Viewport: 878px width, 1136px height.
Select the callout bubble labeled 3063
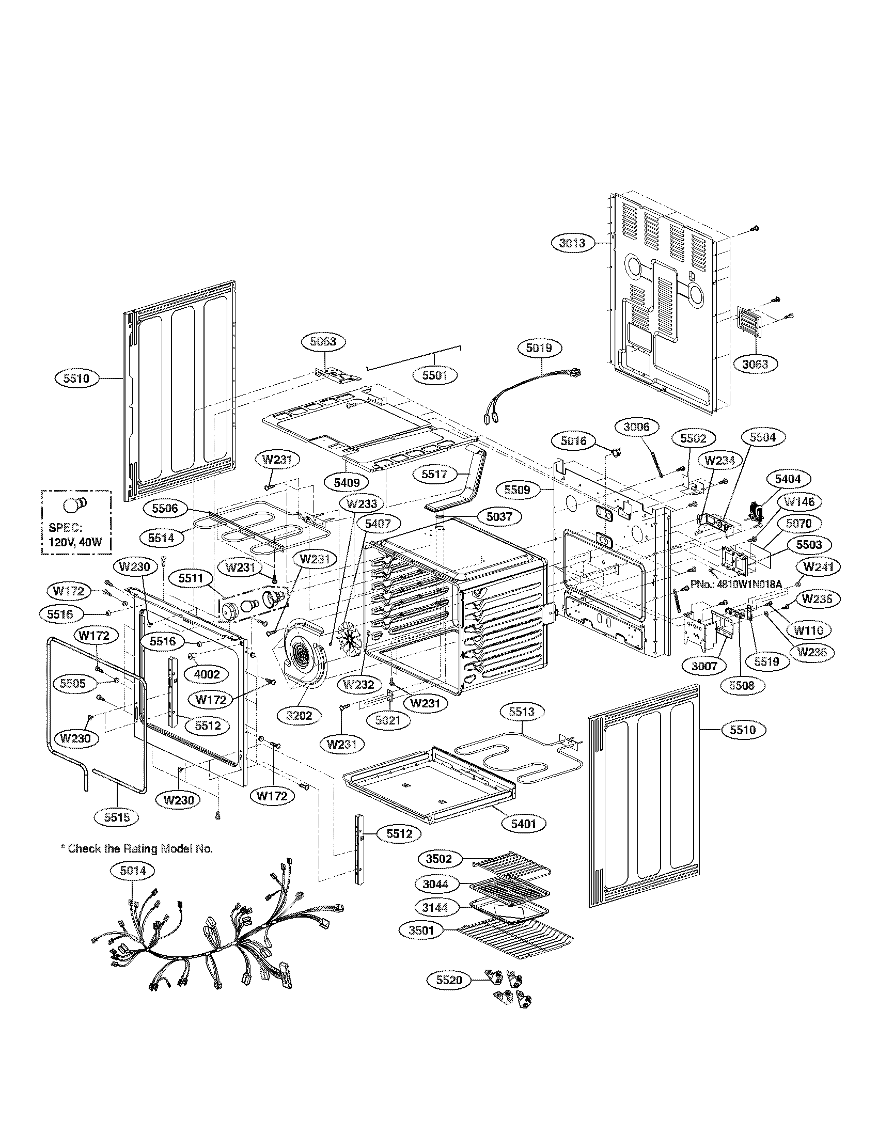point(755,364)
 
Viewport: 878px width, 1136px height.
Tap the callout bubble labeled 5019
point(538,348)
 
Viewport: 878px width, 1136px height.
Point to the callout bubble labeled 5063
point(323,342)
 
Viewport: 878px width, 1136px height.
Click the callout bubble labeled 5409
point(347,483)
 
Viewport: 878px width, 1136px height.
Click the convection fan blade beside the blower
point(349,639)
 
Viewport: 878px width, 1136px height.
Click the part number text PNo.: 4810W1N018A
point(736,585)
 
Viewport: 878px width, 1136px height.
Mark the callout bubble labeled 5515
point(117,817)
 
